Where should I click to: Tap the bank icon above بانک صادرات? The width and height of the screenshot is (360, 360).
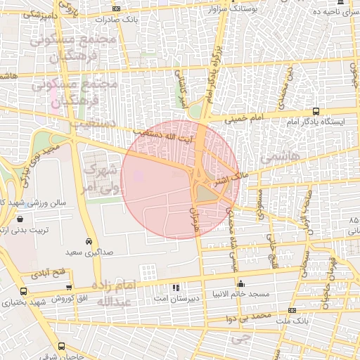(116, 9)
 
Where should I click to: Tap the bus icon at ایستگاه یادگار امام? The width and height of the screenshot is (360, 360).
(316, 111)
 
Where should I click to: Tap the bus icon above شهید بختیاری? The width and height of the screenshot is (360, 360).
(24, 291)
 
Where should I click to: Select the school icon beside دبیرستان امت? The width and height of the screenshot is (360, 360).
(175, 288)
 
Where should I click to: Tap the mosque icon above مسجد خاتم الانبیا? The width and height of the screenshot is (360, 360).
(243, 284)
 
